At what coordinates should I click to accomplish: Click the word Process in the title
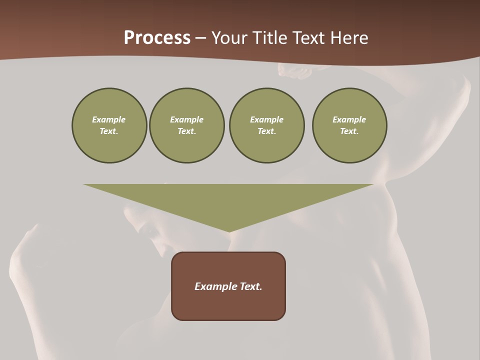[x=157, y=38]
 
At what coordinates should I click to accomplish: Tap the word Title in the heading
[x=270, y=38]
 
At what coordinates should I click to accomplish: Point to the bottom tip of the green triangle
[x=229, y=231]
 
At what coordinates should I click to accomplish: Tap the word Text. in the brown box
[x=251, y=286]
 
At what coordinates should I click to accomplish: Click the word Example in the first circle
[x=109, y=119]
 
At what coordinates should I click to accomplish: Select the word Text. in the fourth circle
[x=349, y=131]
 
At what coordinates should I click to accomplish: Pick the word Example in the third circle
[x=266, y=119]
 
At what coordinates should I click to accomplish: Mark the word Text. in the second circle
[x=186, y=131]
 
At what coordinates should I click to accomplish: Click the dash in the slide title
[x=201, y=38]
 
